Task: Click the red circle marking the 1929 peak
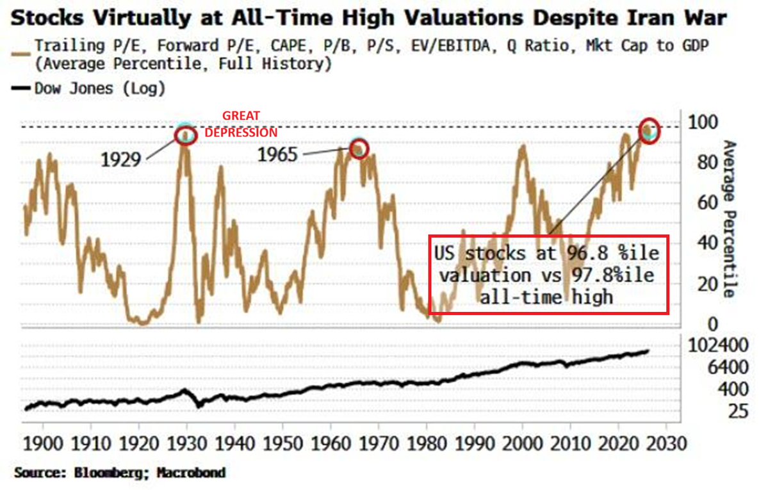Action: [185, 135]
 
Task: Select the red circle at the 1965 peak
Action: [359, 148]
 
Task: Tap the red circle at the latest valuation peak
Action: [649, 131]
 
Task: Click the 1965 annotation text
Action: [278, 154]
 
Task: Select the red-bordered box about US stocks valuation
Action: [549, 275]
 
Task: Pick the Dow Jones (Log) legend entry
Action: [90, 88]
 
